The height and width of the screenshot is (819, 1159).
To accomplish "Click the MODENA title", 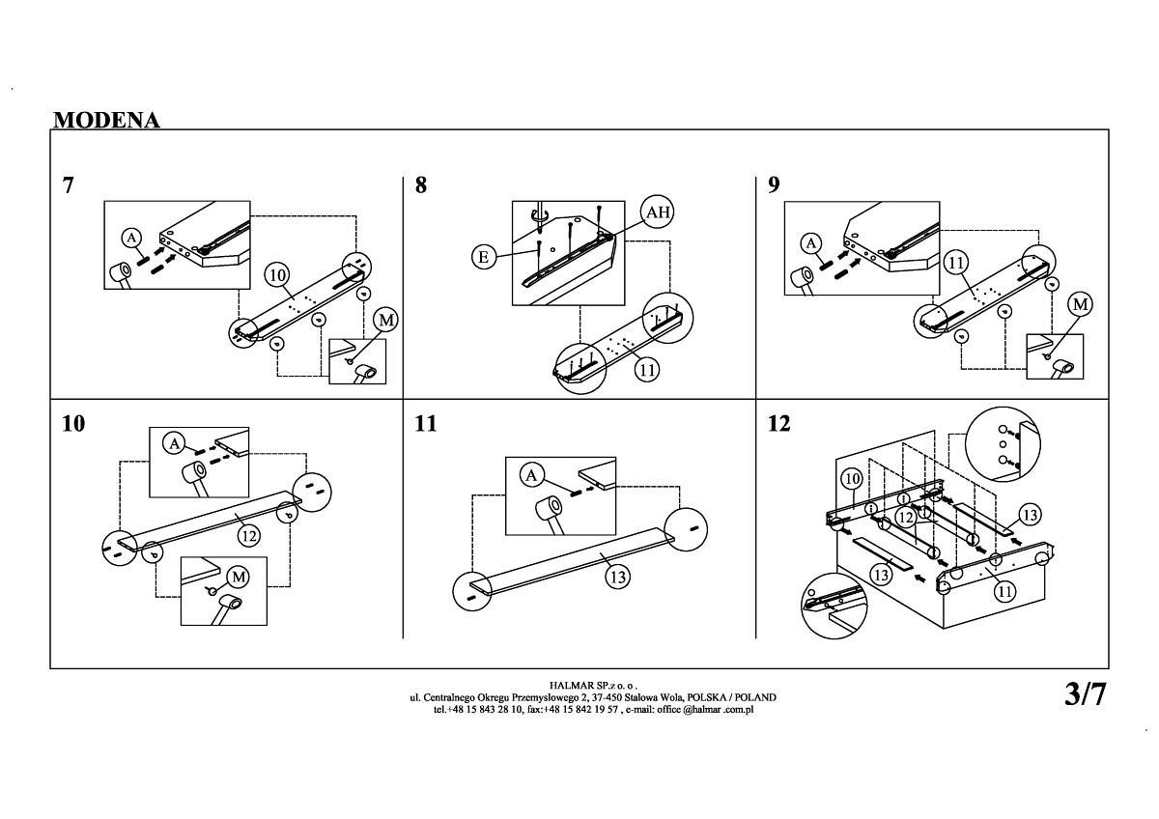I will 106,120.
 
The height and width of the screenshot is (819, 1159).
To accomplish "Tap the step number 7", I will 68,185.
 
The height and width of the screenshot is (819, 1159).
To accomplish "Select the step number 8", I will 420,185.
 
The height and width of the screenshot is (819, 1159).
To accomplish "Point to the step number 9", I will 774,185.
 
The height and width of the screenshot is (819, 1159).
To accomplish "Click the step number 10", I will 73,423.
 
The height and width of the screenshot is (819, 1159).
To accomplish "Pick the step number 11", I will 426,423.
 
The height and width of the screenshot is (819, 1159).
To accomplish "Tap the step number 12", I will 778,423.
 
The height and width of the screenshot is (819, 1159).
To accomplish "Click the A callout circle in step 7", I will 132,239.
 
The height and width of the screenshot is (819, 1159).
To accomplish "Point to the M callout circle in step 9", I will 1081,305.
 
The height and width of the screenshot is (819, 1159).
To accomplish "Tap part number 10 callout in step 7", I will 277,275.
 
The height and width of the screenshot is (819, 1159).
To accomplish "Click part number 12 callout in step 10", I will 249,535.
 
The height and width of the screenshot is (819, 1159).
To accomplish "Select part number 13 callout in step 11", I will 618,578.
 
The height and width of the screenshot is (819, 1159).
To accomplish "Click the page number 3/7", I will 1085,693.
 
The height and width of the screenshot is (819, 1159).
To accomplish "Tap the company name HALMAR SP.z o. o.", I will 593,685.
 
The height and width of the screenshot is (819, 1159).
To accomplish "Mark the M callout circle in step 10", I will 238,578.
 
